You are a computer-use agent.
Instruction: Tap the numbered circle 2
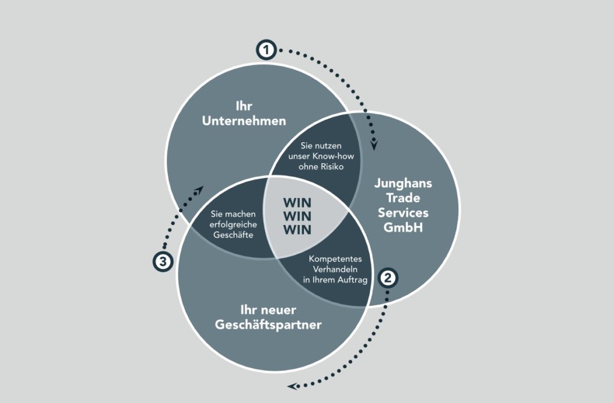[388, 278]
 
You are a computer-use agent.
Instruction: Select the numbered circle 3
[163, 261]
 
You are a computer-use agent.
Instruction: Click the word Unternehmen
[244, 121]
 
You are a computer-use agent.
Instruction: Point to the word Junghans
[403, 184]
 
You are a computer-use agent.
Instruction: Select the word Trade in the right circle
[403, 198]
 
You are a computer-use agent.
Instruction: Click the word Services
[403, 213]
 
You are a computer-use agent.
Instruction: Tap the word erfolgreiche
[233, 224]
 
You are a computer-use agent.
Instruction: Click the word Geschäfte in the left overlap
[233, 234]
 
